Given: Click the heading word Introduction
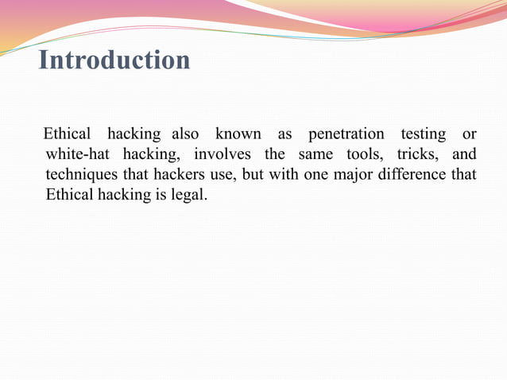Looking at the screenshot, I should [114, 60].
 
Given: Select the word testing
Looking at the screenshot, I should [424, 134].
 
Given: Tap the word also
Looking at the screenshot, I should [185, 134].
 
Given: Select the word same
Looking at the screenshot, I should [315, 154].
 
